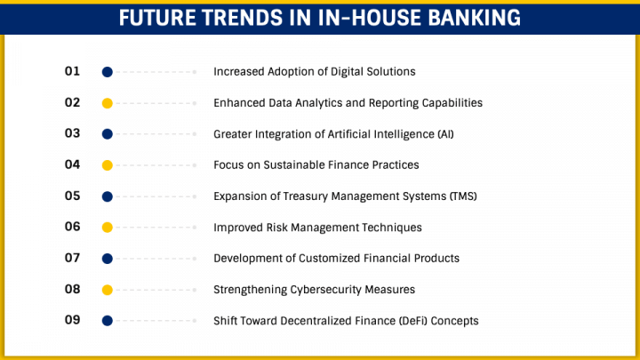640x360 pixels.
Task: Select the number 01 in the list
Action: [73, 71]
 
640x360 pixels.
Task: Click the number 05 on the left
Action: [73, 196]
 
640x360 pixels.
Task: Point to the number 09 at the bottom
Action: [73, 320]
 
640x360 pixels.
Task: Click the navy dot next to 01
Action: [107, 72]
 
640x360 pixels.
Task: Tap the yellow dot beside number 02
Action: [107, 103]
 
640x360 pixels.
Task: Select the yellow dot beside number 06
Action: [107, 228]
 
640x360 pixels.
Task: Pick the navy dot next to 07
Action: [107, 259]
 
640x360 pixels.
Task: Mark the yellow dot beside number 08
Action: [107, 290]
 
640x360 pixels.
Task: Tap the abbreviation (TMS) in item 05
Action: [460, 196]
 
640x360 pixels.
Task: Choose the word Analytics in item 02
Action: [316, 103]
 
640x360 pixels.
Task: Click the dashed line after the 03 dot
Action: [156, 134]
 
